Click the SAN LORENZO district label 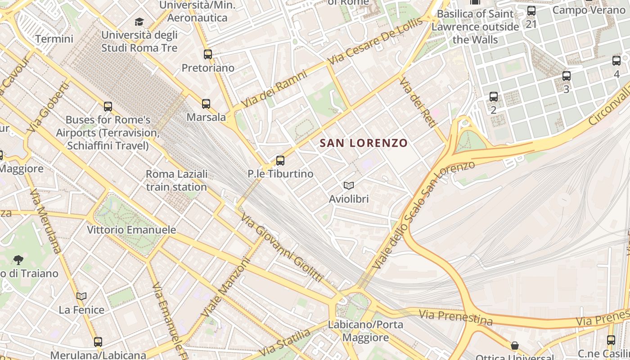363,143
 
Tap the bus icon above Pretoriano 208,54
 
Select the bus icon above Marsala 206,104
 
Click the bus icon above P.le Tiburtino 280,160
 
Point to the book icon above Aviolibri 349,185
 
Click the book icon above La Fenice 81,296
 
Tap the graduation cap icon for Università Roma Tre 139,22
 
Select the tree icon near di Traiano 18,260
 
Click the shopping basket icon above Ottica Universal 515,346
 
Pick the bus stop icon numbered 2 494,96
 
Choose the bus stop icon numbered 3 567,76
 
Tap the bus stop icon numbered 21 531,11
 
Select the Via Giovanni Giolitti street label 282,247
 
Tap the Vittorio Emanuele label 131,229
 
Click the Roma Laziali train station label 176,180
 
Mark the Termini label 54,39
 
